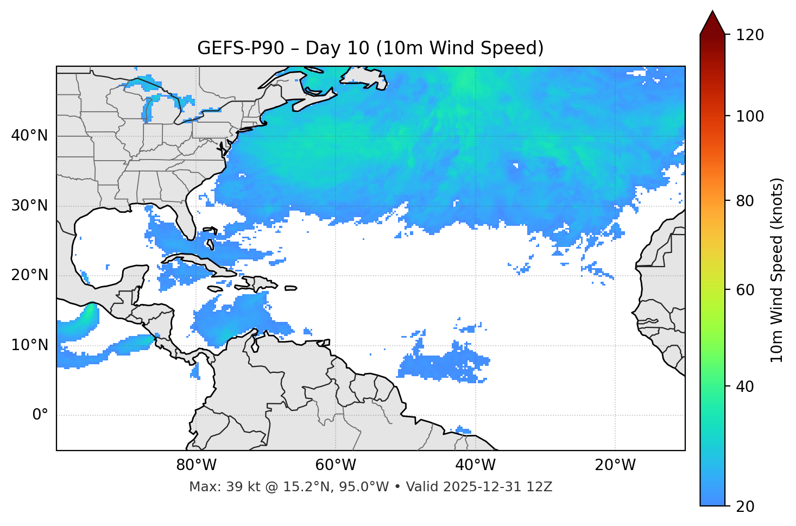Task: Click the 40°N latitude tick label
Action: pyautogui.click(x=29, y=136)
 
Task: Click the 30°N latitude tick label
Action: pyautogui.click(x=29, y=206)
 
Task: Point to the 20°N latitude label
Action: pyautogui.click(x=29, y=275)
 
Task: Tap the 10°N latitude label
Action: pyautogui.click(x=29, y=345)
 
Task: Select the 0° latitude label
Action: pyautogui.click(x=40, y=415)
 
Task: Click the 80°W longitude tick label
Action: pyautogui.click(x=196, y=465)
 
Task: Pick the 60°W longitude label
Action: pyautogui.click(x=336, y=465)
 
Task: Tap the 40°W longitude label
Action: pyautogui.click(x=475, y=465)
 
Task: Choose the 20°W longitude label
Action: pyautogui.click(x=615, y=465)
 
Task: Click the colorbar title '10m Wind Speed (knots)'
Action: pyautogui.click(x=777, y=270)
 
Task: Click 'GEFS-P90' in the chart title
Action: pyautogui.click(x=241, y=48)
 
